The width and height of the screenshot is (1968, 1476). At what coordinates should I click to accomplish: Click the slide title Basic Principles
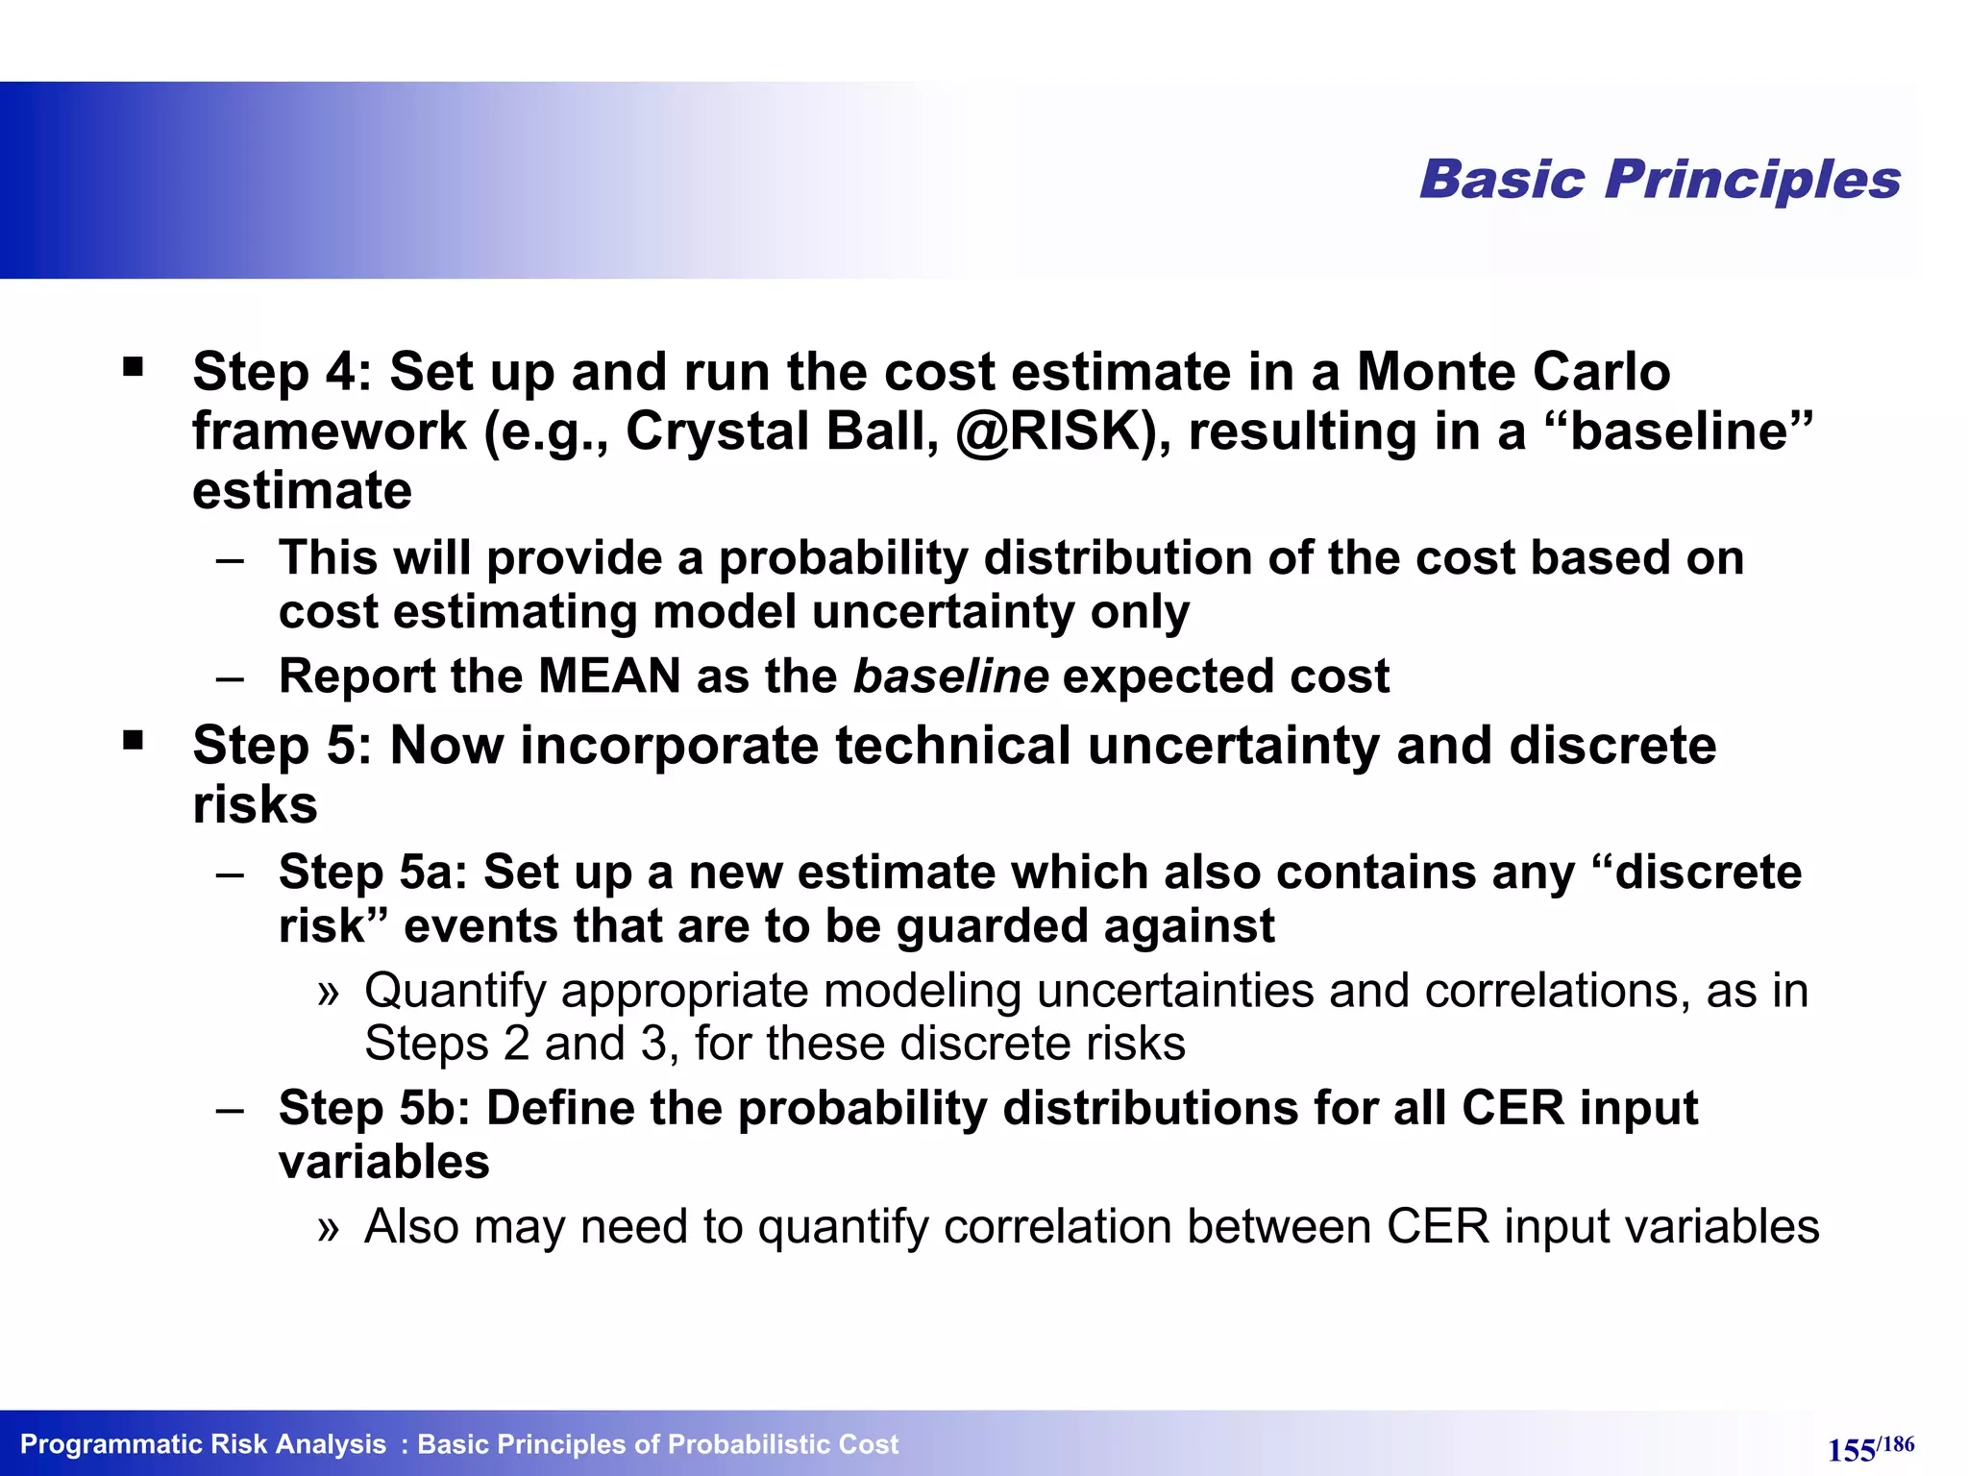point(1660,180)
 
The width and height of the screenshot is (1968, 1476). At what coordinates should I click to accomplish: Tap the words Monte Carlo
point(1513,372)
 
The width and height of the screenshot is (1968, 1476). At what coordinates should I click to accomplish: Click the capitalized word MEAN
point(609,676)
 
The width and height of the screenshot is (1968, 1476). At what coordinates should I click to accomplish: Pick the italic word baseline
point(950,676)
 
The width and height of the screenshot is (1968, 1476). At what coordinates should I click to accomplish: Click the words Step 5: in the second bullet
point(282,746)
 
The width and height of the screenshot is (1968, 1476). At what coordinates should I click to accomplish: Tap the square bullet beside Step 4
point(133,367)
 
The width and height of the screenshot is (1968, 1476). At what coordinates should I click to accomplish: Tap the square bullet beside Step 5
point(133,741)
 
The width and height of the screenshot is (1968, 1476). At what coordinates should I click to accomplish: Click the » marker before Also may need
point(329,1228)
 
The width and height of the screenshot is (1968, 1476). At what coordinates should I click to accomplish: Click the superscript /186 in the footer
point(1897,1443)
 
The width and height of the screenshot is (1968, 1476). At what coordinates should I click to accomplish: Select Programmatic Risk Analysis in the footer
point(203,1444)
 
